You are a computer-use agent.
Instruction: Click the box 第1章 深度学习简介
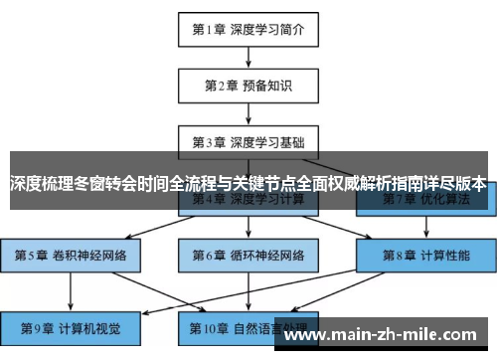click(x=248, y=29)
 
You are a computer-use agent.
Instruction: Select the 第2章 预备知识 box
click(x=248, y=85)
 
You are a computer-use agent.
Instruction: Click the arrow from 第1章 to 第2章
click(x=248, y=57)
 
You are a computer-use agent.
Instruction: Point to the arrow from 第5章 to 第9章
click(x=71, y=291)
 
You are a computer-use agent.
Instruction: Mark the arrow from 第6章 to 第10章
click(x=248, y=291)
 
